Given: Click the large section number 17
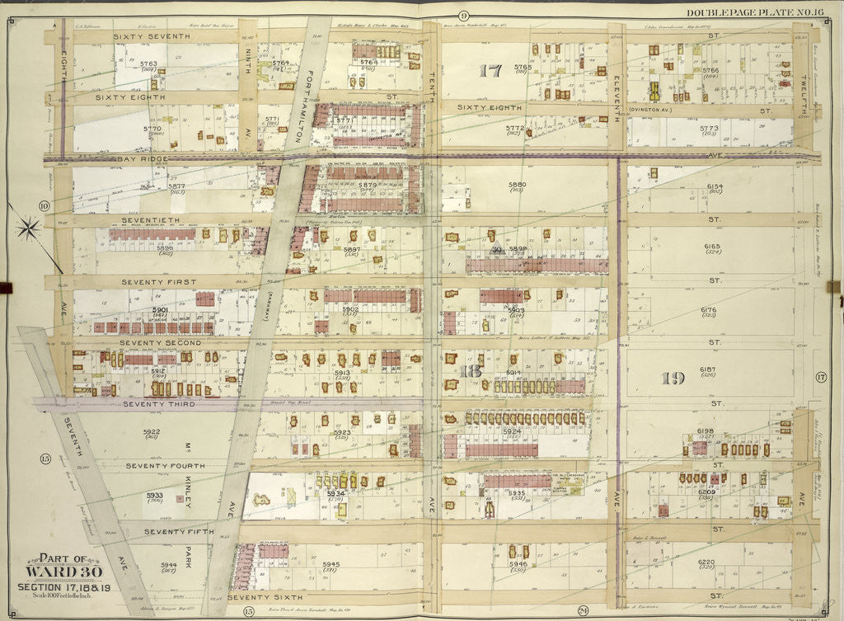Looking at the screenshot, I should (490, 72).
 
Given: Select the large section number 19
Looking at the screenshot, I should (673, 379).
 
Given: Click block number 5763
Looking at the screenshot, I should (148, 64).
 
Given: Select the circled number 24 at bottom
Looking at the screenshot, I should (583, 610).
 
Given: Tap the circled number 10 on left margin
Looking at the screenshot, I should (45, 206).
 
